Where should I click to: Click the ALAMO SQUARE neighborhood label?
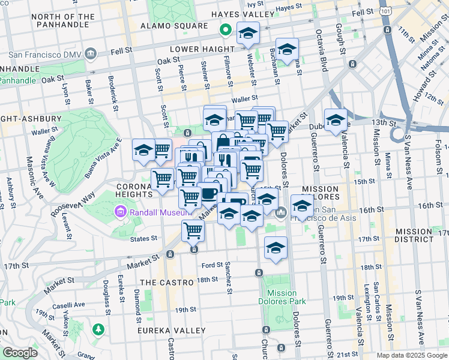click(x=165, y=26)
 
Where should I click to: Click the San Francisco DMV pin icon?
click(x=91, y=53)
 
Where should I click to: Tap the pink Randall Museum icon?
click(x=119, y=212)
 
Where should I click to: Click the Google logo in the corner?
click(x=20, y=353)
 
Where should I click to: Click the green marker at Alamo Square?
click(x=226, y=29)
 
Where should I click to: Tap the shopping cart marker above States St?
click(x=193, y=230)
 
